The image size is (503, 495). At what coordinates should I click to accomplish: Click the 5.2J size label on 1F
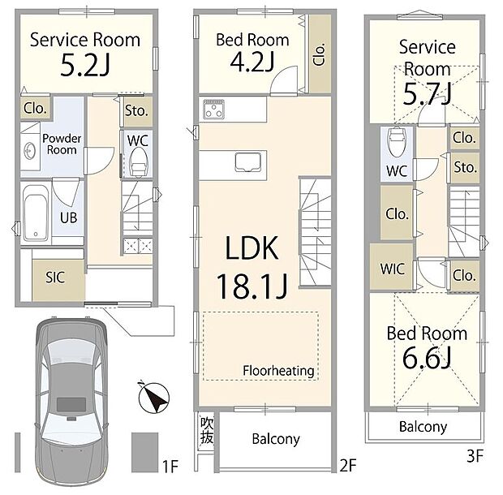coord(85,66)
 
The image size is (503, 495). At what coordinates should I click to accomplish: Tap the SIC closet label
coord(54,276)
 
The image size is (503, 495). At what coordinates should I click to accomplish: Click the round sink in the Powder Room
coord(28,150)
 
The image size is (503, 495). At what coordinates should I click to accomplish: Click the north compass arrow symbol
coord(156,398)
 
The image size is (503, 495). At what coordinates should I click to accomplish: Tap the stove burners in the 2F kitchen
coord(215,110)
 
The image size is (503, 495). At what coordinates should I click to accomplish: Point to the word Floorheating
coord(278,371)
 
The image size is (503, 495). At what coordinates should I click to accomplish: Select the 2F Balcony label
coord(275,439)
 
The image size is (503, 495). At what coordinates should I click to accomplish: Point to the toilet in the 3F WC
coord(397,144)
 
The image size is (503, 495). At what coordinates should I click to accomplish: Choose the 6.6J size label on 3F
coord(426,356)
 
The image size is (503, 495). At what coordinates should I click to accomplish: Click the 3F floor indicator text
coord(475,456)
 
